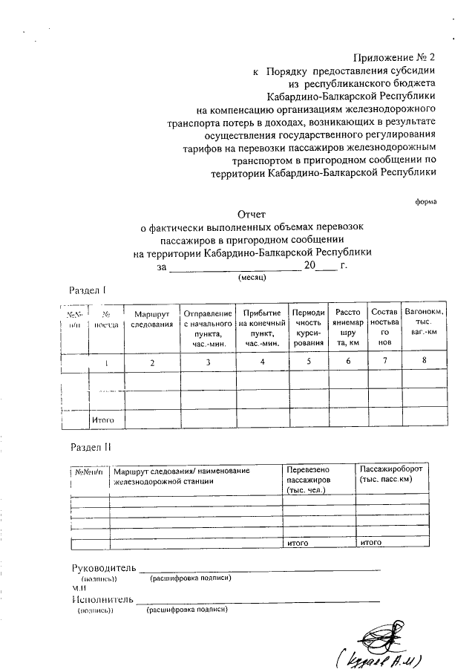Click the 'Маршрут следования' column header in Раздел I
tap(152, 319)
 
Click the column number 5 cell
tap(308, 362)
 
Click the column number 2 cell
tap(152, 362)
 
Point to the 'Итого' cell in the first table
tap(102, 420)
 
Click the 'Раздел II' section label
tap(91, 448)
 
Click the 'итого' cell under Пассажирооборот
tap(371, 543)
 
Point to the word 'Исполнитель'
tap(102, 599)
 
